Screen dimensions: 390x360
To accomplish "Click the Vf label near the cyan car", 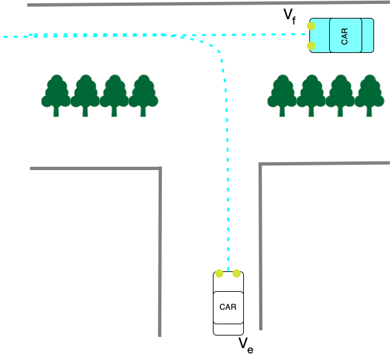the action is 290,17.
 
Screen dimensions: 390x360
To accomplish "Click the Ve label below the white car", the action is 246,345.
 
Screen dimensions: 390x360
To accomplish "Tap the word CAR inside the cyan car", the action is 344,36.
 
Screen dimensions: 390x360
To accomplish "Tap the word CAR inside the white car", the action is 228,307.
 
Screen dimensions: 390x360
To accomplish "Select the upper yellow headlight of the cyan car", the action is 311,26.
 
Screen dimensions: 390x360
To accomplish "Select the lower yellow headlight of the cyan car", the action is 311,46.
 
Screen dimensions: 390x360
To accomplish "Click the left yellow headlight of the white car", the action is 219,273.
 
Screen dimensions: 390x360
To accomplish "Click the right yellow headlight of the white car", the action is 237,273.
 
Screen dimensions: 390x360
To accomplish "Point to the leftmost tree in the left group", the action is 56,95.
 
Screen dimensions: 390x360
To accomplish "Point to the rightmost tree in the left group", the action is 143,95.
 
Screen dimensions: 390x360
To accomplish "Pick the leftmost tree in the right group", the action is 282,95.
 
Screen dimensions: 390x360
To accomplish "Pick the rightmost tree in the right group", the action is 370,95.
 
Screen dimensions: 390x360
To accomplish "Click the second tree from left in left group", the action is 85,95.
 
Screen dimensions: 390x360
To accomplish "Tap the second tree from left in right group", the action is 311,95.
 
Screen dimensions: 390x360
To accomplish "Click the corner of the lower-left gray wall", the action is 160,168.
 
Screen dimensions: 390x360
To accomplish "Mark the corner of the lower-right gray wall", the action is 260,164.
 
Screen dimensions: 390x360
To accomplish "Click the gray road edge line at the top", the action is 208,3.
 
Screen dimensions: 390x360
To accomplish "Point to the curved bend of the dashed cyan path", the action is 212,46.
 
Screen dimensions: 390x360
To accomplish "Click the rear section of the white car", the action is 228,329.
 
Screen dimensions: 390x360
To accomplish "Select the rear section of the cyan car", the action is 368,35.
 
